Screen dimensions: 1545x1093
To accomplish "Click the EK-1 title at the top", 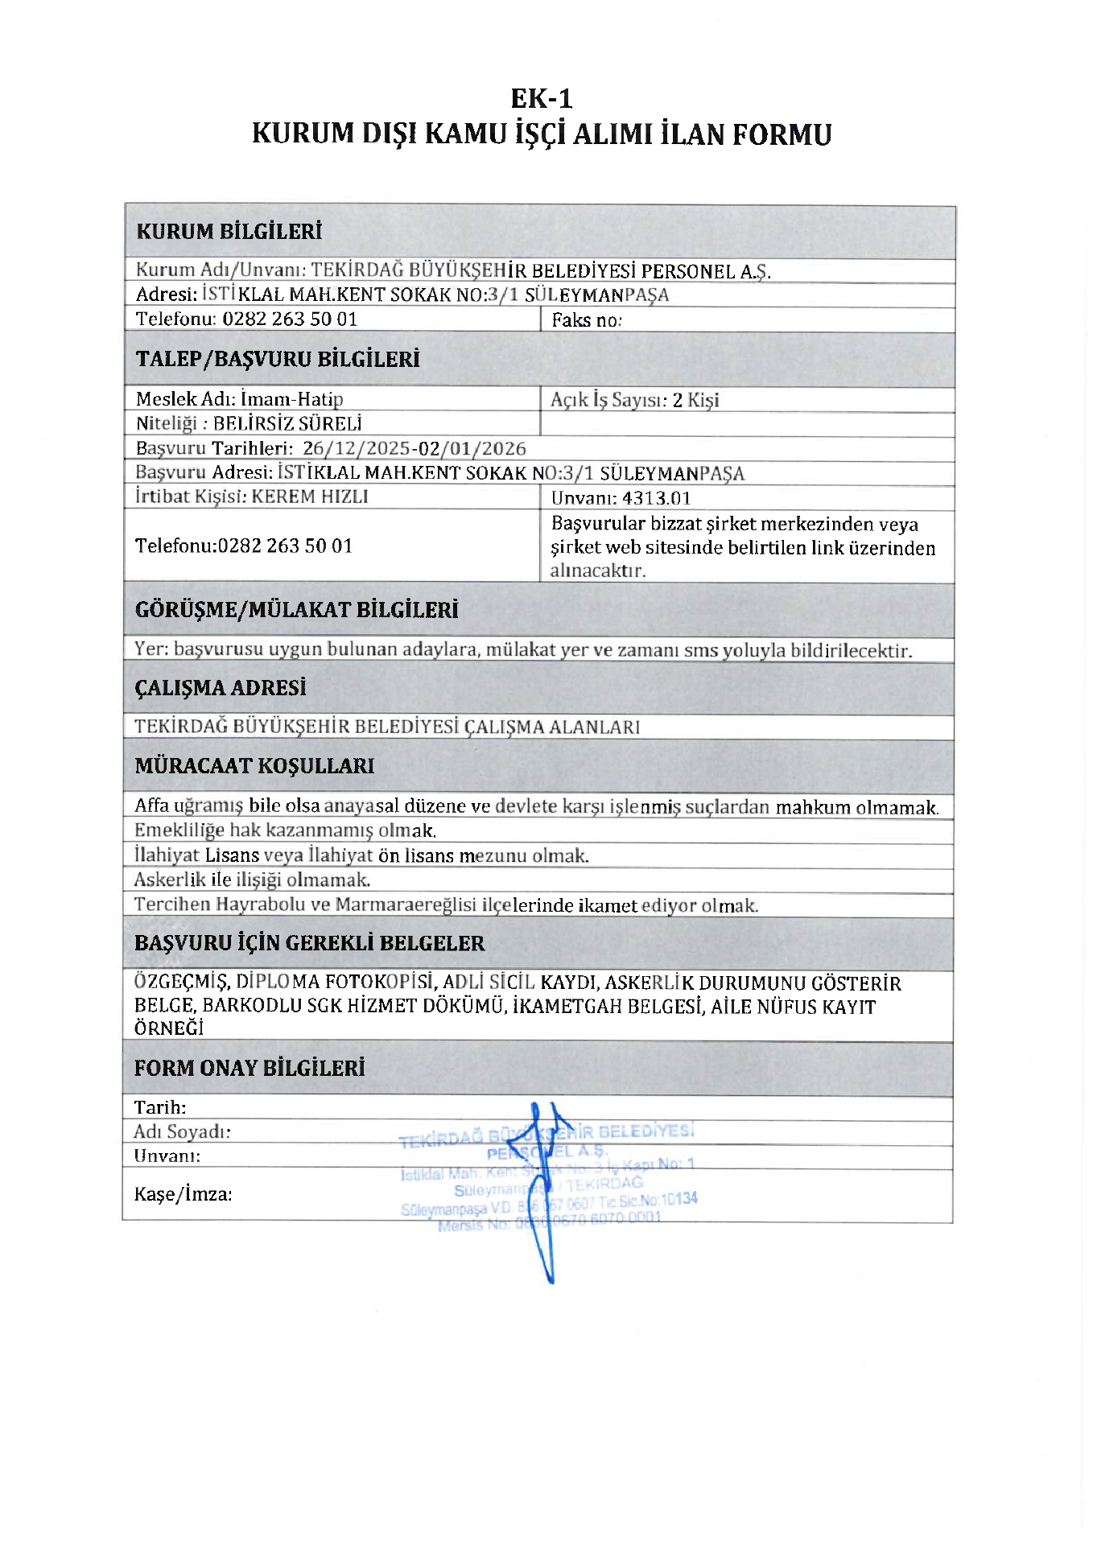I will tap(542, 98).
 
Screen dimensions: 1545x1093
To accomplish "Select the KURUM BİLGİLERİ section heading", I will tap(229, 232).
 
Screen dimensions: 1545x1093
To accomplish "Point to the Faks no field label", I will tap(586, 320).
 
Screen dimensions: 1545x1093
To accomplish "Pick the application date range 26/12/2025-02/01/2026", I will tap(414, 448).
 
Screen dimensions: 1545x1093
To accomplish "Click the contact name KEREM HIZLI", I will tap(310, 496).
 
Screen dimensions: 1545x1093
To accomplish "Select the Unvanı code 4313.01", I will tap(656, 498).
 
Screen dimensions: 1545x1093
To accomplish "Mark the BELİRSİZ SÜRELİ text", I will tap(287, 423).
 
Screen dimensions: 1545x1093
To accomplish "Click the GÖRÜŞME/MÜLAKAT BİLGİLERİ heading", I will tap(296, 610).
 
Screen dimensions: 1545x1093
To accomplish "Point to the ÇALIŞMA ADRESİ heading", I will tap(221, 688).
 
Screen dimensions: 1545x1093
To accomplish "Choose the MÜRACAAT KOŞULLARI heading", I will tap(254, 765).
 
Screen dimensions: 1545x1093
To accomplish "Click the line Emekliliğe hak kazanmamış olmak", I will tap(285, 830).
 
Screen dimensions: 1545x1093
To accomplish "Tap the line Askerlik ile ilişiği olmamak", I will tap(252, 880).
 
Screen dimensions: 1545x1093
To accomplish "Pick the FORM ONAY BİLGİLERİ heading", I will tap(250, 1068).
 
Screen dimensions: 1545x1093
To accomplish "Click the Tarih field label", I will tap(160, 1107).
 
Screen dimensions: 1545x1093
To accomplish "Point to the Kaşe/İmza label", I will tap(183, 1194).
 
